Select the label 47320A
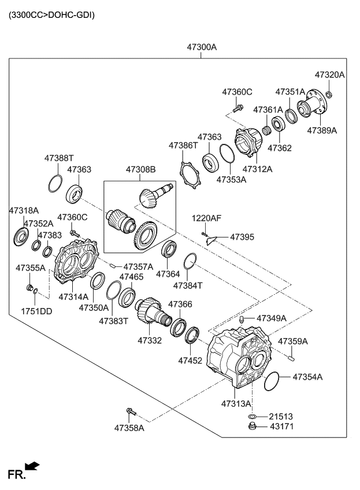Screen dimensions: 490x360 pos(329,75)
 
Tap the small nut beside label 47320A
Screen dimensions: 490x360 pos(329,94)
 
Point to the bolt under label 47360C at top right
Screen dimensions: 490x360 pos(237,108)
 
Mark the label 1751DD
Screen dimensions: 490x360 pos(36,311)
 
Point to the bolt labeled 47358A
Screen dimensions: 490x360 pos(129,412)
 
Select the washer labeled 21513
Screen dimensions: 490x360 pos(252,416)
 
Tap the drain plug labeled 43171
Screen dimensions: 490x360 pos(251,427)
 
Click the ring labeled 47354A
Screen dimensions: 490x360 pos(271,381)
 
